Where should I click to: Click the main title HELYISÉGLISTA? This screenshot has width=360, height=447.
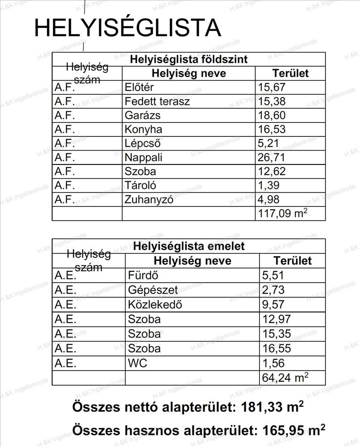click(127, 28)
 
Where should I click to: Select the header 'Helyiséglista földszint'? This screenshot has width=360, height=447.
click(188, 59)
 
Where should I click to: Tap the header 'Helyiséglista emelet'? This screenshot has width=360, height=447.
click(188, 246)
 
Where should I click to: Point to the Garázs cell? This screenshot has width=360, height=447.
click(142, 115)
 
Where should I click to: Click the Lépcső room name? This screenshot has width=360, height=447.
click(142, 144)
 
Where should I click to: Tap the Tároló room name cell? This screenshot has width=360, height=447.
click(141, 186)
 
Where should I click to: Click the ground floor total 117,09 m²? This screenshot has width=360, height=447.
click(282, 214)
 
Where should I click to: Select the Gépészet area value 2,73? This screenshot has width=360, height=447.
click(273, 290)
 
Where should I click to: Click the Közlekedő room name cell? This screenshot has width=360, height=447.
click(155, 304)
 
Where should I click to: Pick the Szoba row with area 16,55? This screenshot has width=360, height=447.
click(144, 349)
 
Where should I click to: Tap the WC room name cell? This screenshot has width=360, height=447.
click(138, 363)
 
